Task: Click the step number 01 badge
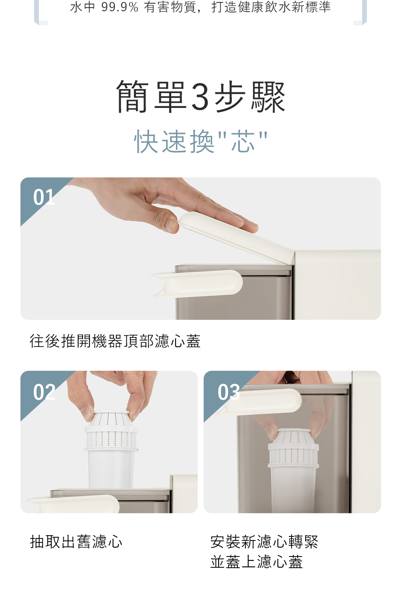click(x=44, y=197)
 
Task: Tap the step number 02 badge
click(x=44, y=392)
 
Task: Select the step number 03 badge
click(x=229, y=392)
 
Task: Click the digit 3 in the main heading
click(x=200, y=97)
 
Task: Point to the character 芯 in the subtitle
click(x=243, y=142)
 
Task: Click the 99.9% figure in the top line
click(x=120, y=7)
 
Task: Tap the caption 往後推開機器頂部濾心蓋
click(x=115, y=341)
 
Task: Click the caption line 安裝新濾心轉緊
click(x=264, y=542)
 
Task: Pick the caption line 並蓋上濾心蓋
click(x=257, y=562)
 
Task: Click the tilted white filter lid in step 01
click(x=237, y=238)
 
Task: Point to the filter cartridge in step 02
click(x=111, y=450)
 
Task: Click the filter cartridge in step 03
click(x=293, y=471)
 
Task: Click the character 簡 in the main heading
click(x=132, y=97)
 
